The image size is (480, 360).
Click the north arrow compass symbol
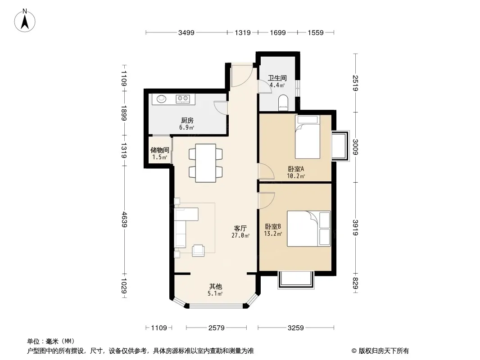click(25, 21)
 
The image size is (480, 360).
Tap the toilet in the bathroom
click(284, 103)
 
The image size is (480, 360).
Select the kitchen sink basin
click(161, 99)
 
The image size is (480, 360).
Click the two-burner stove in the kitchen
click(183, 99)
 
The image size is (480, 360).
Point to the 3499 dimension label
click(186, 32)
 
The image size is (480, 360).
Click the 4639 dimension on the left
click(124, 219)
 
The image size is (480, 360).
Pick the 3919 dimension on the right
click(355, 228)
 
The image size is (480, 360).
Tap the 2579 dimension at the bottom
click(217, 328)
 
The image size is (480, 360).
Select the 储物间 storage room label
click(159, 150)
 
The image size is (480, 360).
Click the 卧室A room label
click(296, 169)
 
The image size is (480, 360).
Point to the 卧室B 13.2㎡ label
click(273, 230)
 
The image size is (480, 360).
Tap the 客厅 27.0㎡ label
click(240, 232)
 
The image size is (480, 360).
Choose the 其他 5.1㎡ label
click(215, 290)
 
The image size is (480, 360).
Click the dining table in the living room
click(206, 163)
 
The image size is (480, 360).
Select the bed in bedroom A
click(308, 137)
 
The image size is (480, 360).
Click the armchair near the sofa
click(199, 251)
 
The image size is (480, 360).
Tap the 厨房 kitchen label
click(187, 121)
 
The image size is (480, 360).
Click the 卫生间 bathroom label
click(277, 78)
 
